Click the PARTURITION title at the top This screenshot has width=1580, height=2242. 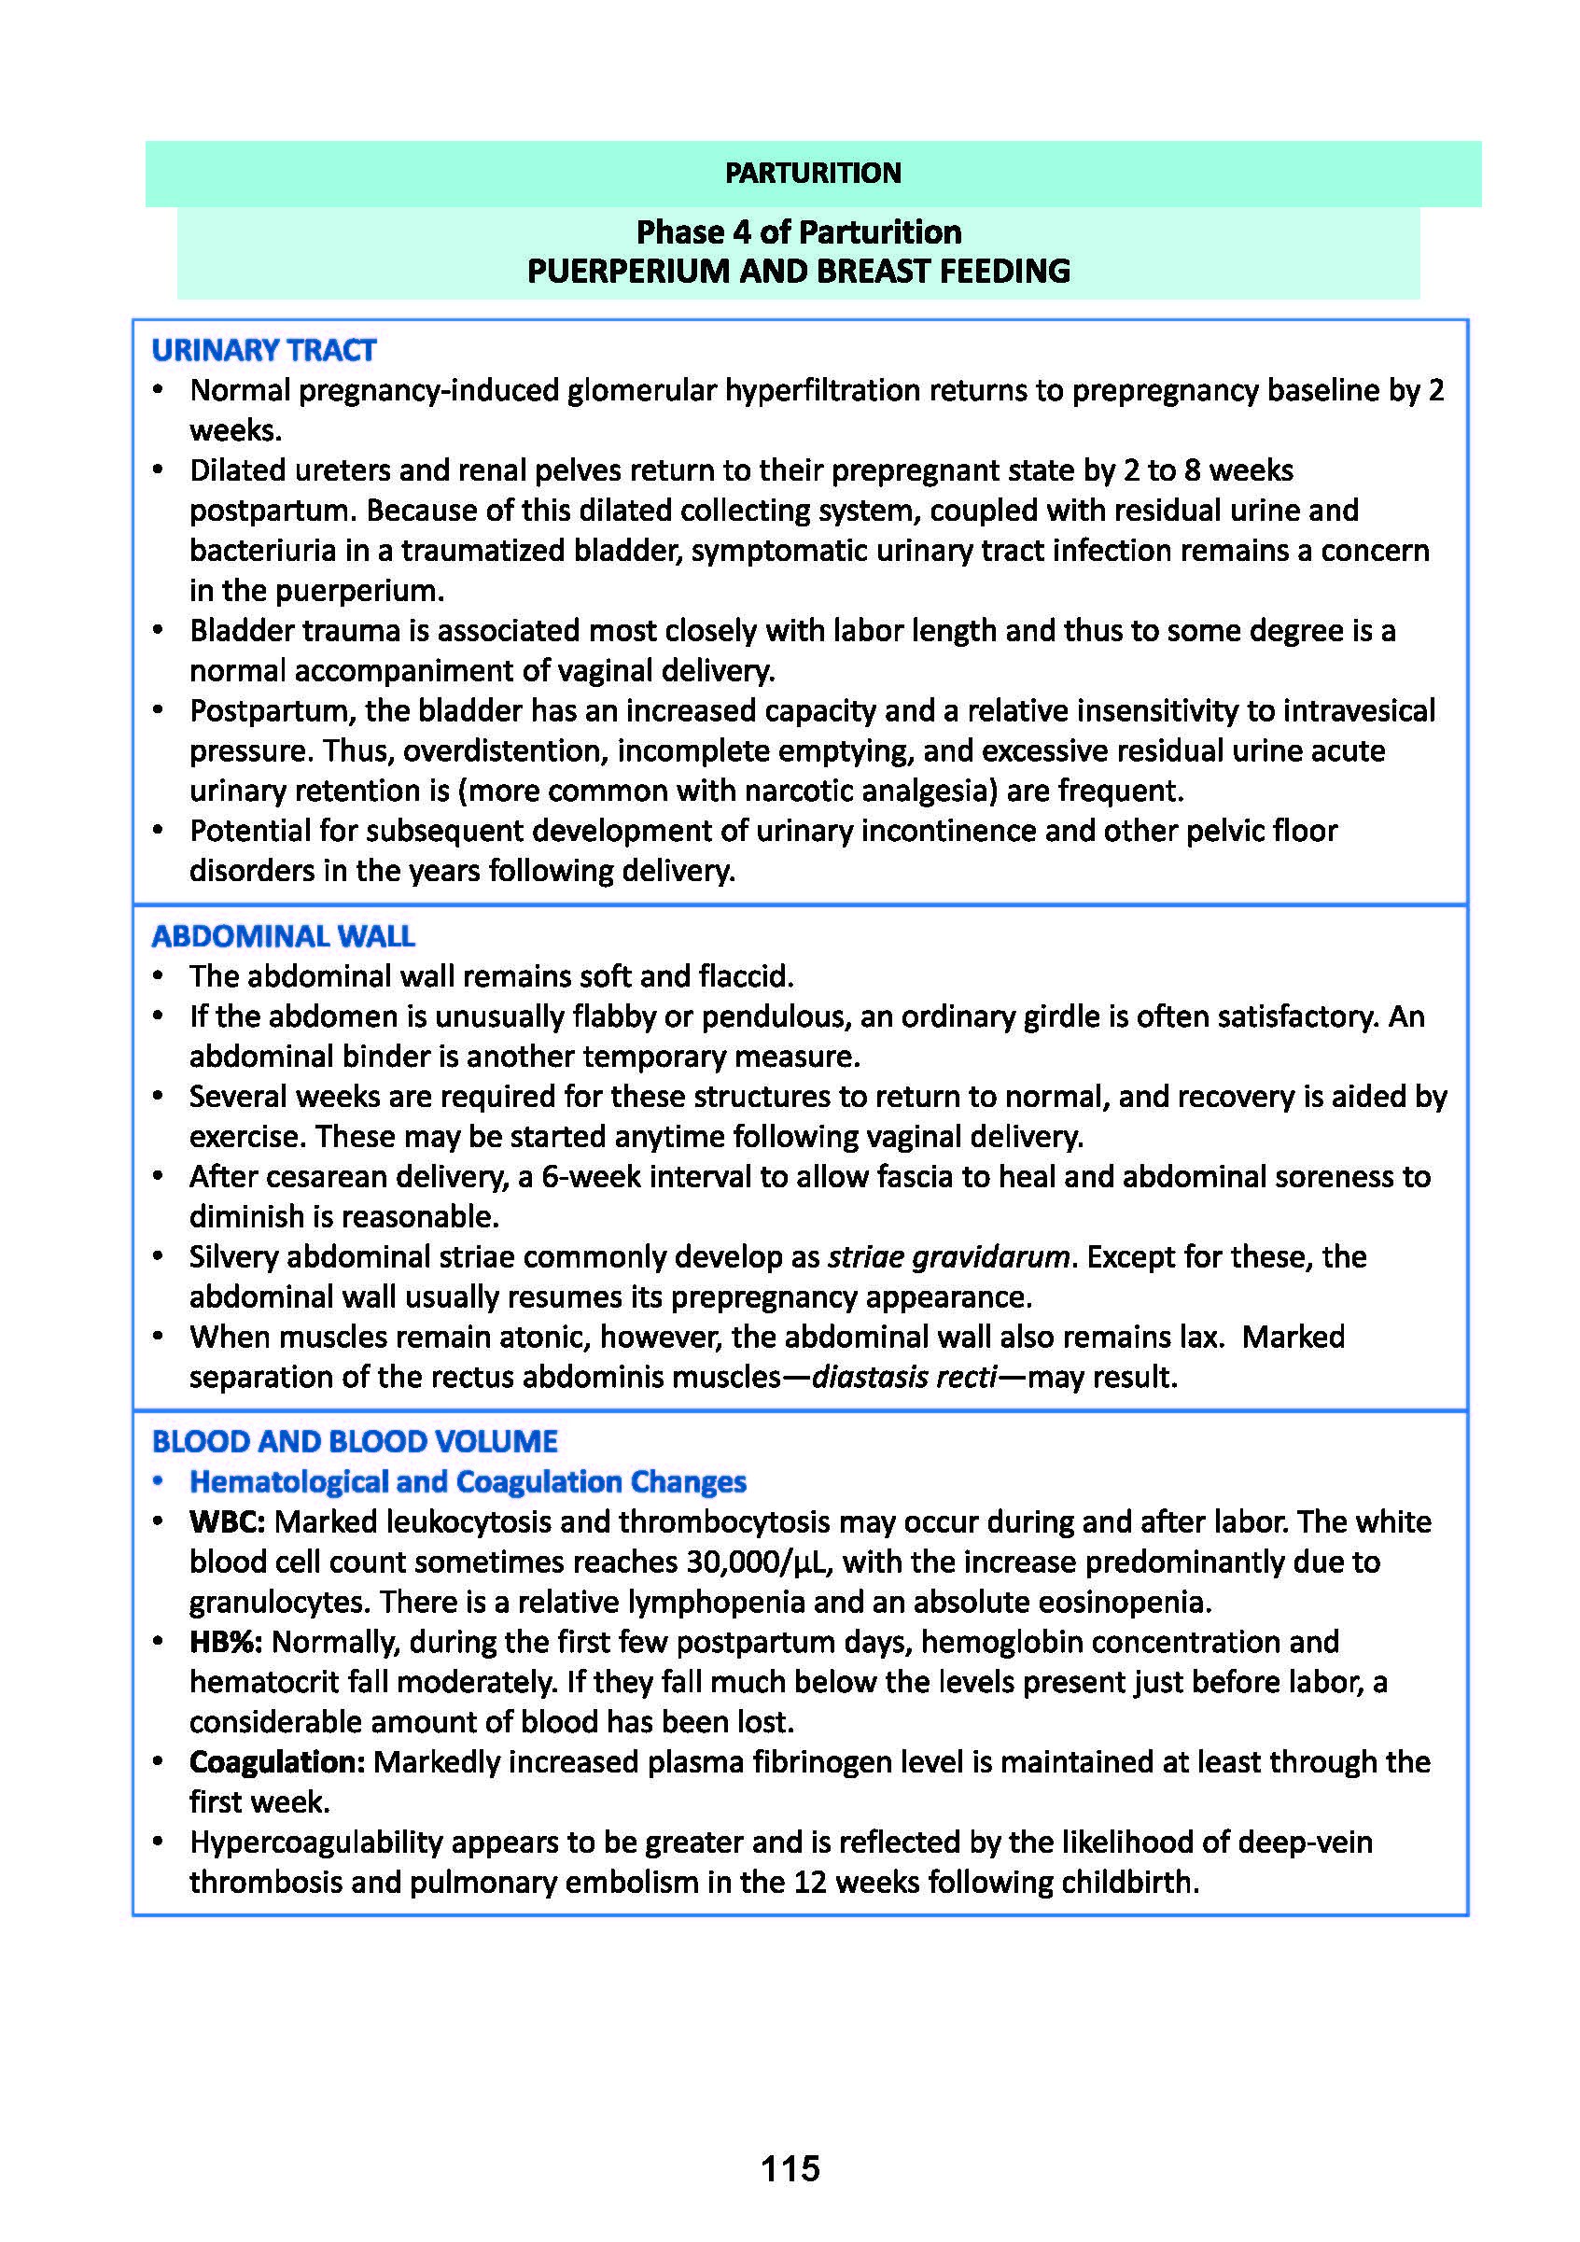[x=813, y=173]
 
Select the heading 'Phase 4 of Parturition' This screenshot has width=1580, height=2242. [x=798, y=232]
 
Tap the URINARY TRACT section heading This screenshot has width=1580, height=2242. [x=264, y=350]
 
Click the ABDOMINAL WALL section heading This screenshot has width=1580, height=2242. [x=283, y=935]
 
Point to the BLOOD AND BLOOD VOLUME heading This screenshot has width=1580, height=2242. [x=355, y=1440]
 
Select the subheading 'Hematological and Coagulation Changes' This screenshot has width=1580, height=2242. [x=468, y=1481]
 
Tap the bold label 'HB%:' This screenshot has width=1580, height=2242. [x=226, y=1642]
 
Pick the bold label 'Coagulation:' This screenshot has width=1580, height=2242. [x=277, y=1761]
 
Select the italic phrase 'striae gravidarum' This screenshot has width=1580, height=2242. [x=948, y=1256]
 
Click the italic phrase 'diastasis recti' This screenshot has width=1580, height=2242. [x=904, y=1377]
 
